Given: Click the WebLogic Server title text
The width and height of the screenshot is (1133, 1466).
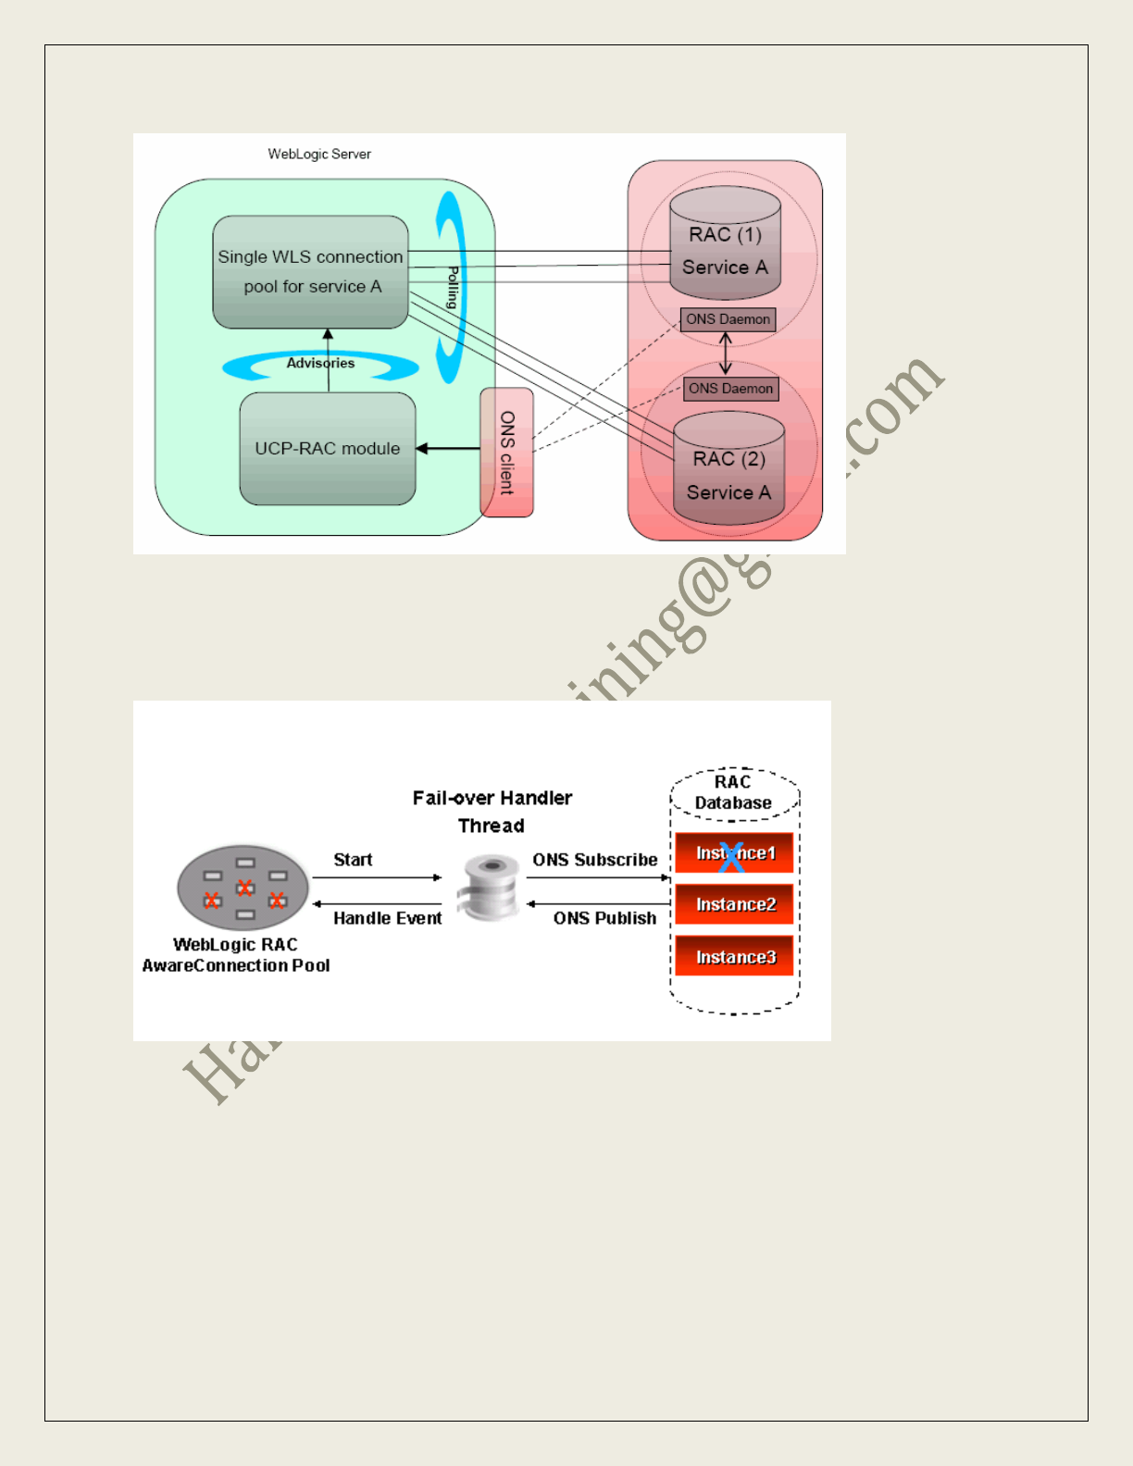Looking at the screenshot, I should pyautogui.click(x=319, y=155).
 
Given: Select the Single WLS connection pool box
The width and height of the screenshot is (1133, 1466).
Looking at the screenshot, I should pyautogui.click(x=310, y=272).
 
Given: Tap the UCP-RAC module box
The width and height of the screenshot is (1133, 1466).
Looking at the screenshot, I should pyautogui.click(x=328, y=449).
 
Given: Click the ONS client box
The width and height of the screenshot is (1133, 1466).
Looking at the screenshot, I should pyautogui.click(x=506, y=453).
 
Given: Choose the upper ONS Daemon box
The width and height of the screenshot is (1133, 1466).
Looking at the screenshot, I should pyautogui.click(x=728, y=319).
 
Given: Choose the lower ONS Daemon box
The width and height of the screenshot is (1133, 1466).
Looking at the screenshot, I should pyautogui.click(x=730, y=389).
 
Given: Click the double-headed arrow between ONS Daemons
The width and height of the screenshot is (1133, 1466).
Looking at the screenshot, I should pyautogui.click(x=726, y=354).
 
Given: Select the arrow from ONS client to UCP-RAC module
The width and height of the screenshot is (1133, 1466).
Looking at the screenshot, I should pyautogui.click(x=448, y=449).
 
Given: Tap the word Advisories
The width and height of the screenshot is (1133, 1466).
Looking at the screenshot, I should pyautogui.click(x=320, y=363).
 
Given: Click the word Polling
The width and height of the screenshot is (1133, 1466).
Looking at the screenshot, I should pyautogui.click(x=453, y=287).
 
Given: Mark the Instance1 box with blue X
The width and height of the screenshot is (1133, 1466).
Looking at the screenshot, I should pyautogui.click(x=734, y=853).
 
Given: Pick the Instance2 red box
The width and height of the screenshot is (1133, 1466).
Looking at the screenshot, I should pyautogui.click(x=735, y=904).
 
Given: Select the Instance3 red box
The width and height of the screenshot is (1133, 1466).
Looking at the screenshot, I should pyautogui.click(x=735, y=957).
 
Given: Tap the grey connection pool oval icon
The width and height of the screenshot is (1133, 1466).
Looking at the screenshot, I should pyautogui.click(x=243, y=888).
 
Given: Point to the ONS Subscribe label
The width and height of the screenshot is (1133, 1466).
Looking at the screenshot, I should pyautogui.click(x=594, y=860).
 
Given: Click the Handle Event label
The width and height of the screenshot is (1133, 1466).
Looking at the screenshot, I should pyautogui.click(x=387, y=918).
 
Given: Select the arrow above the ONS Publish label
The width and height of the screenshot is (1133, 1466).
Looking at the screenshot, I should pyautogui.click(x=598, y=903).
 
